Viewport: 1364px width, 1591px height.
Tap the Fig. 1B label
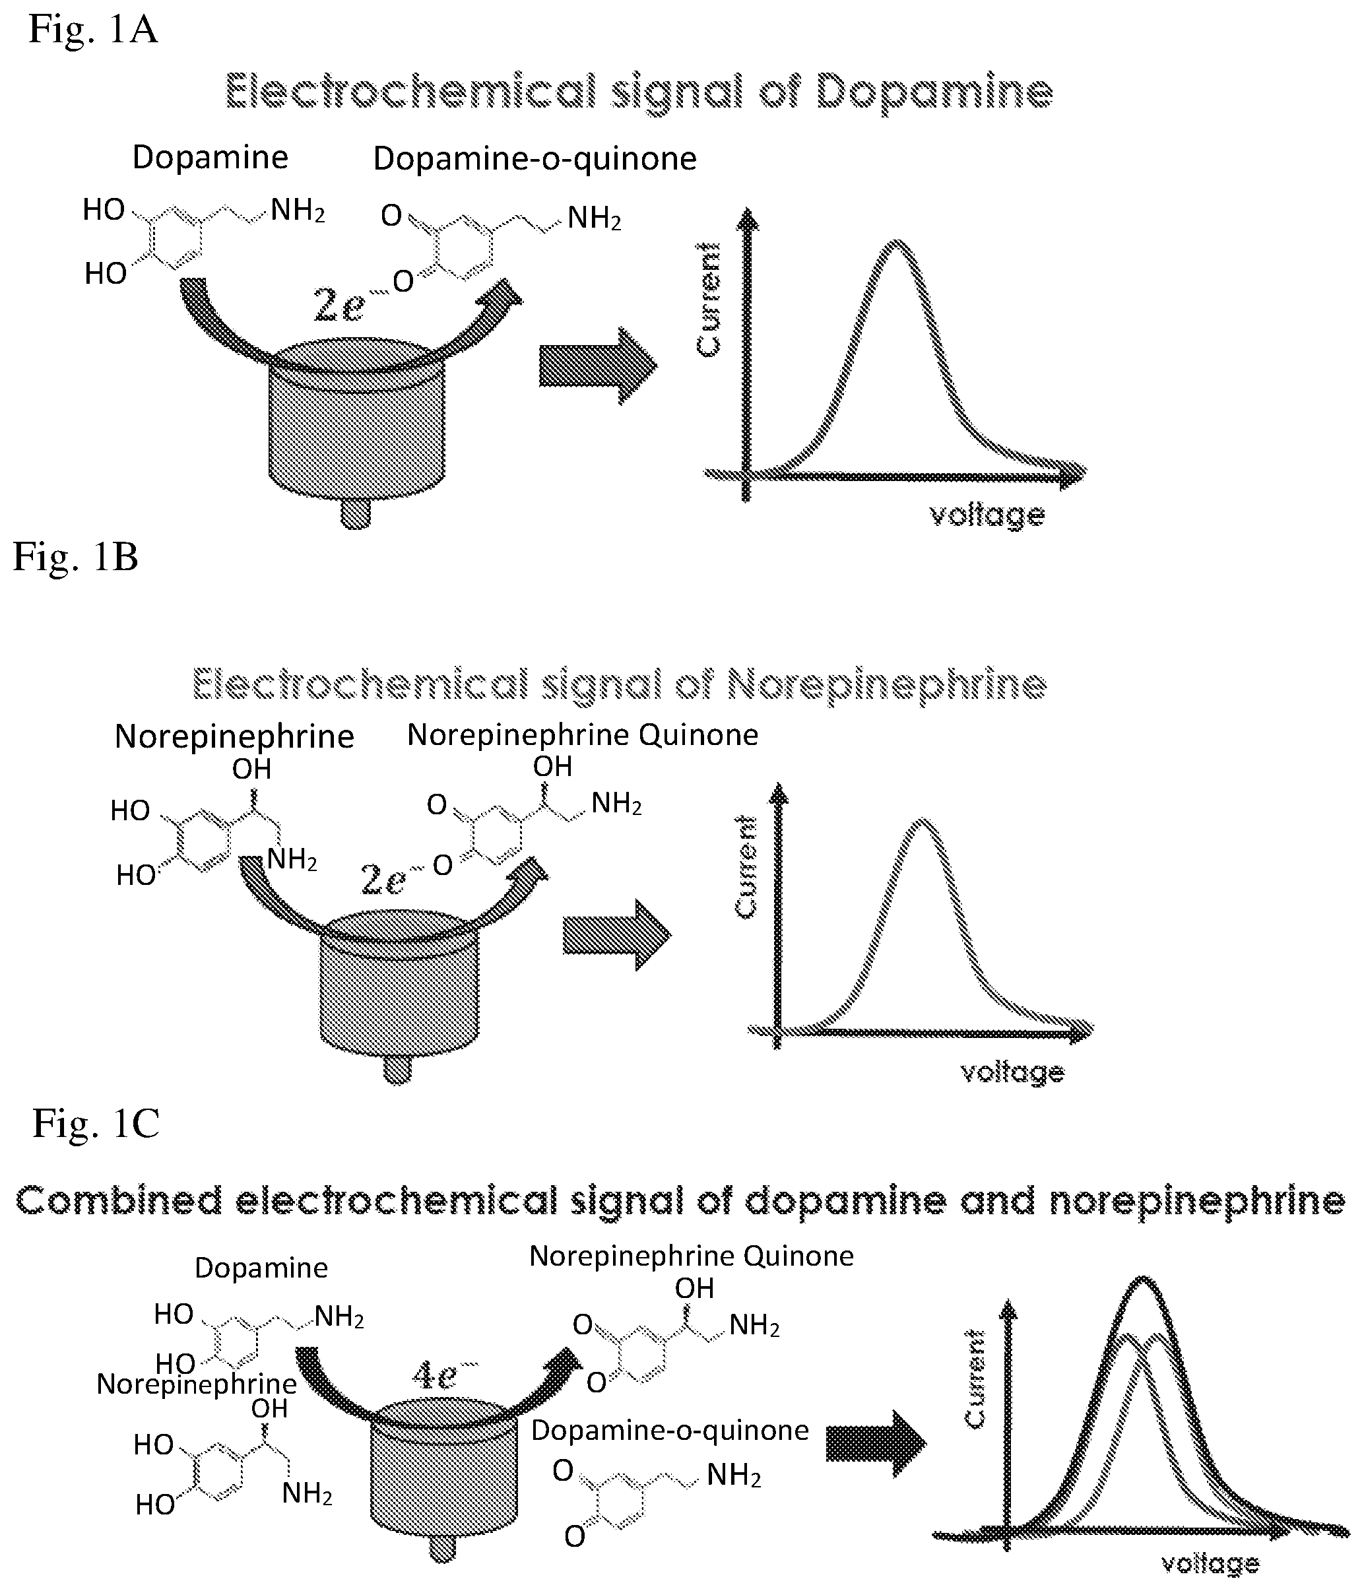coord(75,557)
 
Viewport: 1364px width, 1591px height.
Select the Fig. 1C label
coord(96,1123)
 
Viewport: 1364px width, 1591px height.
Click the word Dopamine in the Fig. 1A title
coord(934,94)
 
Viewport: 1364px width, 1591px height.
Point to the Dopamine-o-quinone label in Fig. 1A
coord(535,158)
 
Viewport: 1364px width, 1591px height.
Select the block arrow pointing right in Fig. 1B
coord(617,934)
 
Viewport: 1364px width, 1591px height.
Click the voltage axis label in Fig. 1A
coord(987,515)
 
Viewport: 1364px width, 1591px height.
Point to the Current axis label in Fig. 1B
coord(746,867)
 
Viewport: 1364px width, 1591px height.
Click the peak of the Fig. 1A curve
coord(896,243)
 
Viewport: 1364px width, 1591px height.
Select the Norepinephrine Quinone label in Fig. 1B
coord(582,735)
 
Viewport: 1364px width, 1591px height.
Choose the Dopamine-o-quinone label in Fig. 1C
coord(670,1430)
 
